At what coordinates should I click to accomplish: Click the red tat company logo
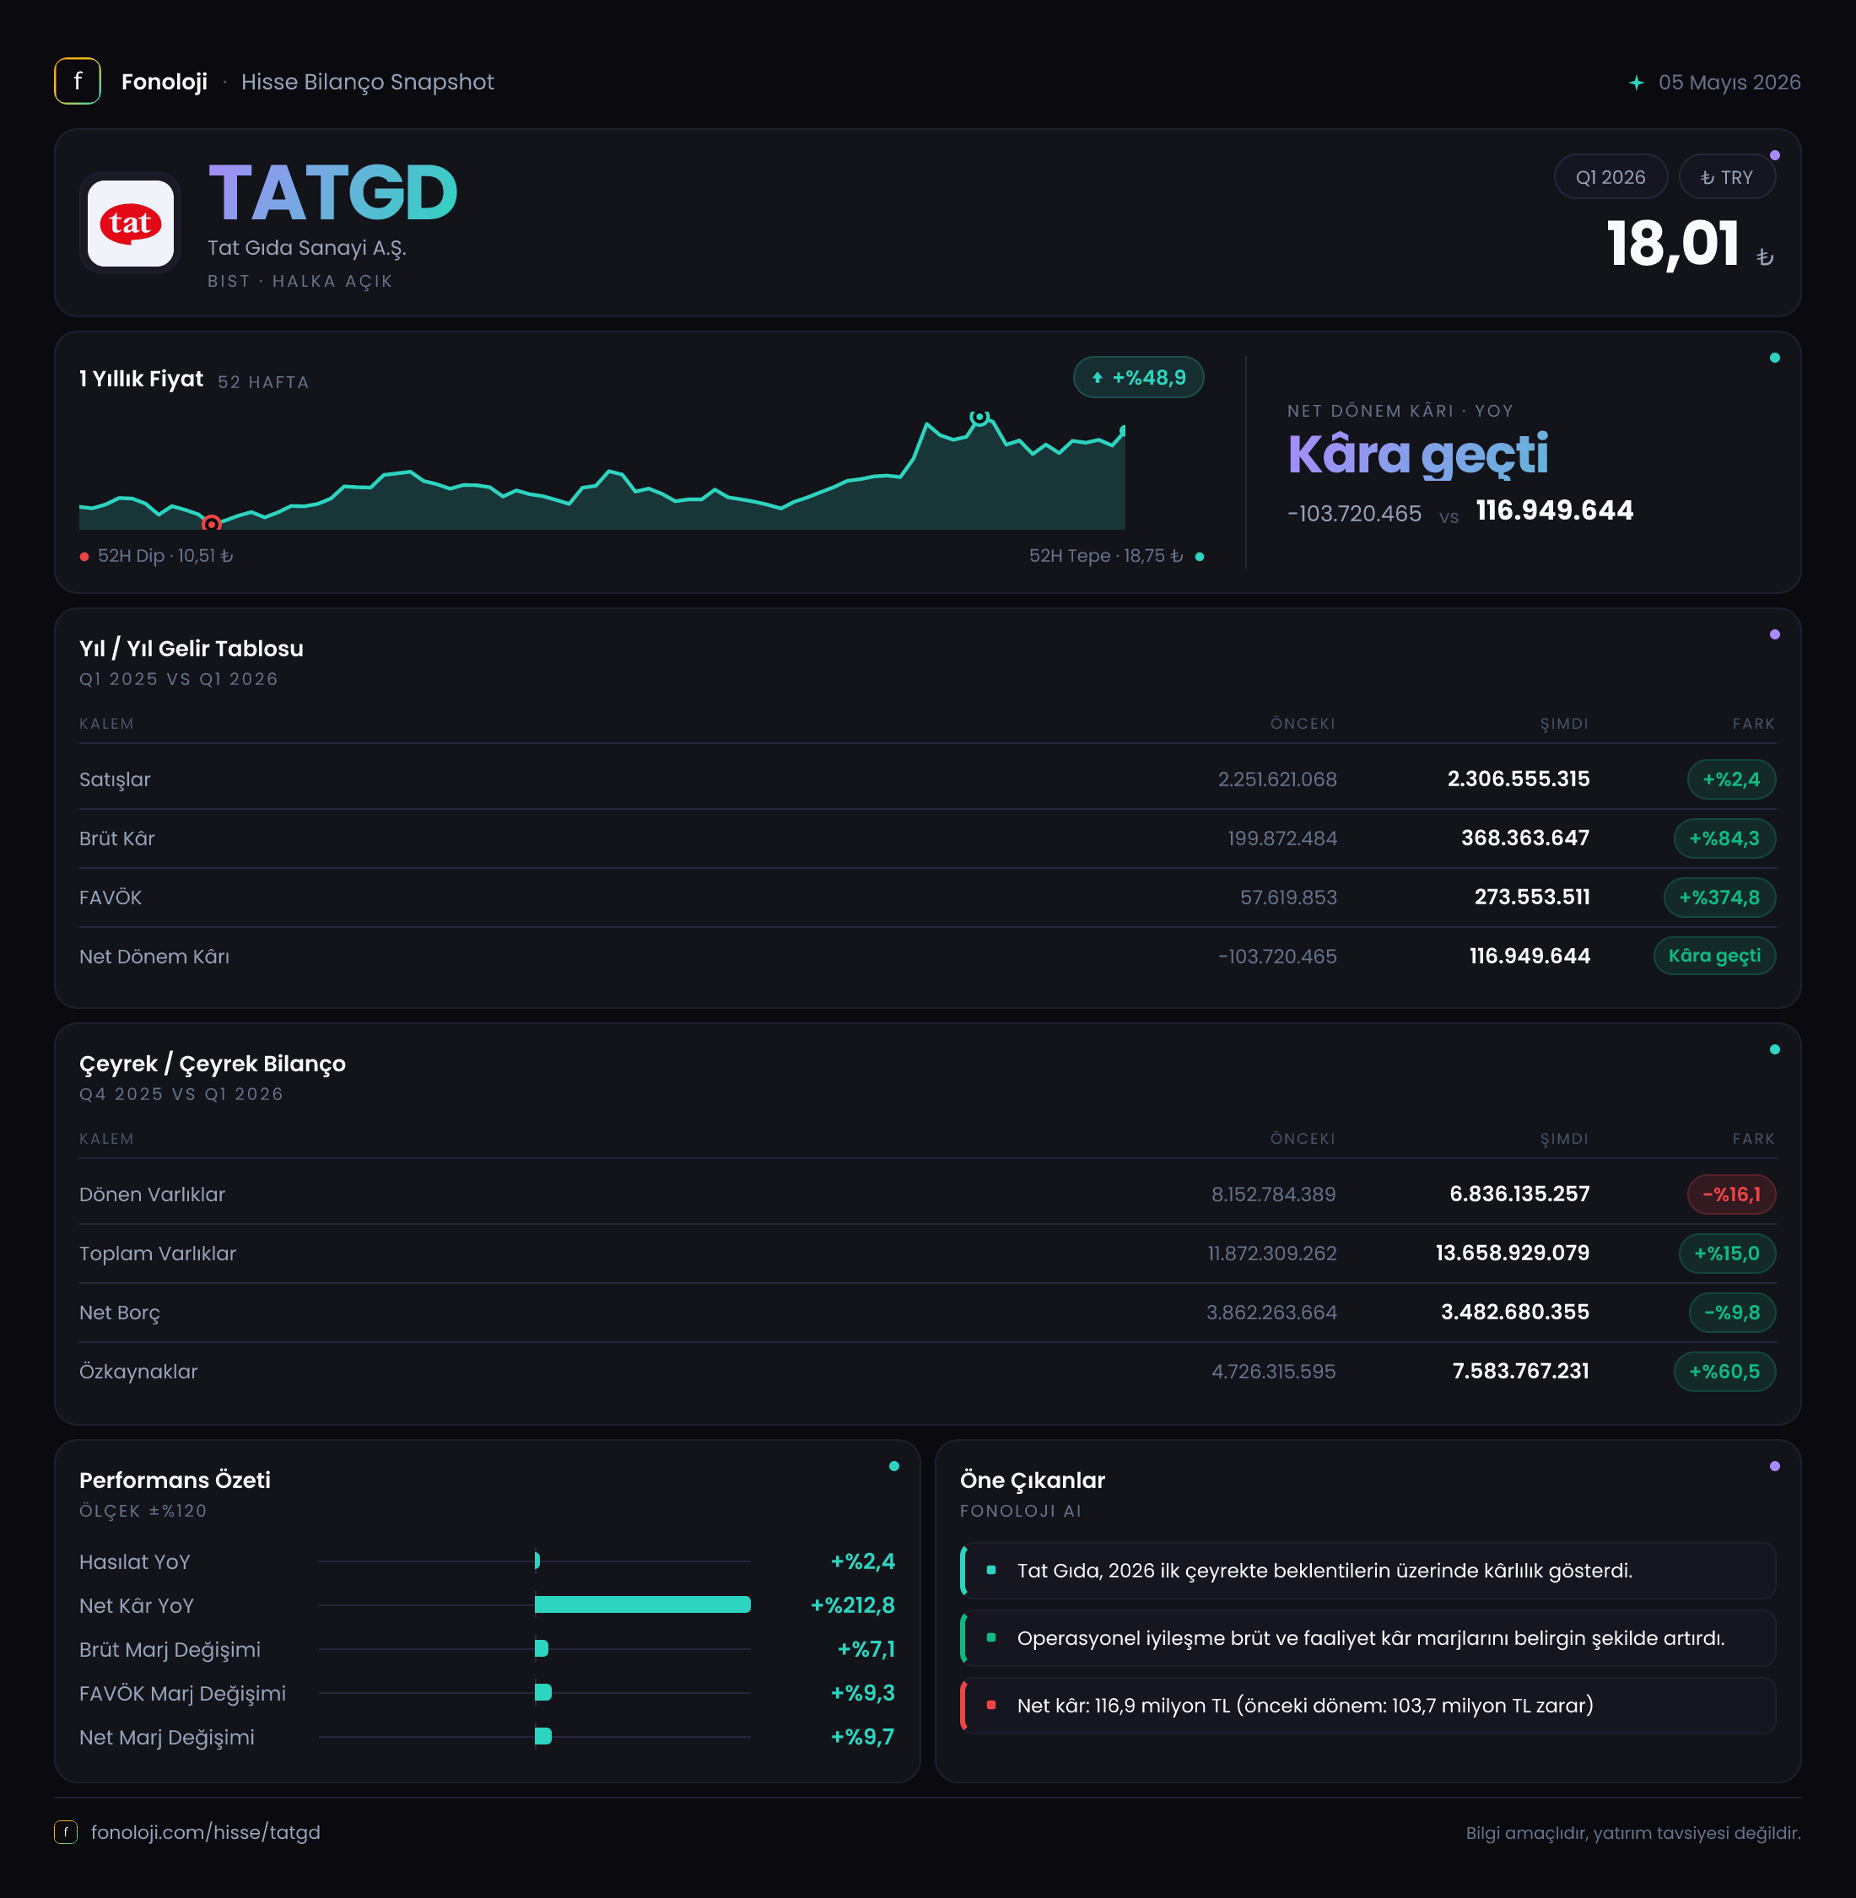tap(130, 224)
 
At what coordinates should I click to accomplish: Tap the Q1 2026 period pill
tap(1611, 177)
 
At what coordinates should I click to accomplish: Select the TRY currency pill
tap(1726, 177)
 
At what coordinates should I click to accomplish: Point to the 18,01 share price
tap(1673, 243)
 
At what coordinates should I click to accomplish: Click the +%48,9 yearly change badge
tap(1139, 377)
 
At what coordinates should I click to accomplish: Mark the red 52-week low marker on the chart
tap(212, 524)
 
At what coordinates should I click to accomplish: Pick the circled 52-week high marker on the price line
tap(979, 418)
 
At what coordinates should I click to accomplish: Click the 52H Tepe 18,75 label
tap(1106, 556)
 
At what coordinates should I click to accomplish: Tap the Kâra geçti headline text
tap(1417, 455)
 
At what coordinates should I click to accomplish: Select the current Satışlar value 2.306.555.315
tap(1518, 779)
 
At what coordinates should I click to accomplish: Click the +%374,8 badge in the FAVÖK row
tap(1719, 897)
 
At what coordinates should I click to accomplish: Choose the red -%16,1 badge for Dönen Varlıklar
tap(1731, 1194)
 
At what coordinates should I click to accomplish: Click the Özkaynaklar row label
tap(138, 1372)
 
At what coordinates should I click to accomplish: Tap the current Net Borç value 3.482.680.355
tap(1515, 1312)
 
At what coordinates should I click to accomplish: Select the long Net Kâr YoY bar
tap(642, 1604)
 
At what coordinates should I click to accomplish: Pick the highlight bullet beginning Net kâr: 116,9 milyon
tap(1305, 1706)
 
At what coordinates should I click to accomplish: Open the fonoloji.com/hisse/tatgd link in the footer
tap(206, 1833)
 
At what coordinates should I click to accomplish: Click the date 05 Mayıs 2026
tap(1729, 82)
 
